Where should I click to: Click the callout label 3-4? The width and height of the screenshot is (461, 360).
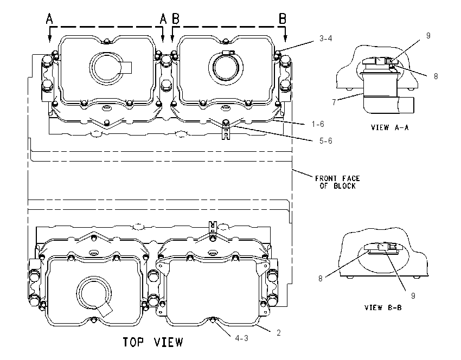click(x=326, y=38)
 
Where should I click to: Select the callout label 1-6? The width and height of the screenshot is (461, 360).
click(x=318, y=124)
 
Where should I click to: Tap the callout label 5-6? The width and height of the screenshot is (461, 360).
click(x=326, y=141)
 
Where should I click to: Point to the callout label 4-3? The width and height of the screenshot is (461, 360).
click(x=242, y=338)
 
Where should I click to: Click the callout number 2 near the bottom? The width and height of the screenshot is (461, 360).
click(x=278, y=333)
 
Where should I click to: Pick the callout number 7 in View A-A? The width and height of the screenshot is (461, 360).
click(x=334, y=102)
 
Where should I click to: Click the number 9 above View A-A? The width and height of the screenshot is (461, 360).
click(x=428, y=36)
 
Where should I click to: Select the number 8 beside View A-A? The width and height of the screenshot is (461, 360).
click(x=436, y=76)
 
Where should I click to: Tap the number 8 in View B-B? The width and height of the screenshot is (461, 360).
click(x=321, y=279)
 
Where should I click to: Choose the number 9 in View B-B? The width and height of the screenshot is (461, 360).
click(x=413, y=296)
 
